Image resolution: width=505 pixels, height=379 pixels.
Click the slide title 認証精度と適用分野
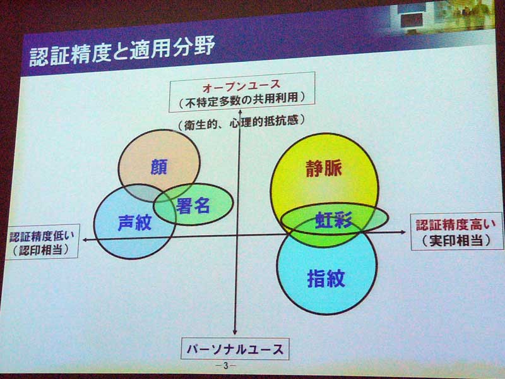[122, 51]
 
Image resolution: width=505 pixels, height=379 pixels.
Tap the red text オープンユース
[242, 86]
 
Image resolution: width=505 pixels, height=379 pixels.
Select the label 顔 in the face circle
[159, 167]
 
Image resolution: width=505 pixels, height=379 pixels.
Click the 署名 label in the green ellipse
[193, 205]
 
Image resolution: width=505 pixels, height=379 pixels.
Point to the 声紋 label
[134, 222]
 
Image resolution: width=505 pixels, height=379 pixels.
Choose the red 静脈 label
[324, 168]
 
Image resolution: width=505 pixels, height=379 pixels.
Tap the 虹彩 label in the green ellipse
[334, 220]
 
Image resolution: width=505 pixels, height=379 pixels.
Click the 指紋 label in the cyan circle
[326, 278]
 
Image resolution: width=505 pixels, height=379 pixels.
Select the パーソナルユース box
[235, 349]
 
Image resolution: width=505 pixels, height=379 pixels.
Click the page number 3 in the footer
[226, 366]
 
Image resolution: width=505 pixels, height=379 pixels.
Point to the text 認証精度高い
[455, 225]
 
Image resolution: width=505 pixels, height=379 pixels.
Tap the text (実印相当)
[456, 241]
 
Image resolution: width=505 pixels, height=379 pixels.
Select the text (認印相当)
[41, 250]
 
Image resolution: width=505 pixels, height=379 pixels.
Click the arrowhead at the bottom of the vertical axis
[235, 332]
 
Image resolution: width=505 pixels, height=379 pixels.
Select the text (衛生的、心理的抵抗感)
[241, 123]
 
